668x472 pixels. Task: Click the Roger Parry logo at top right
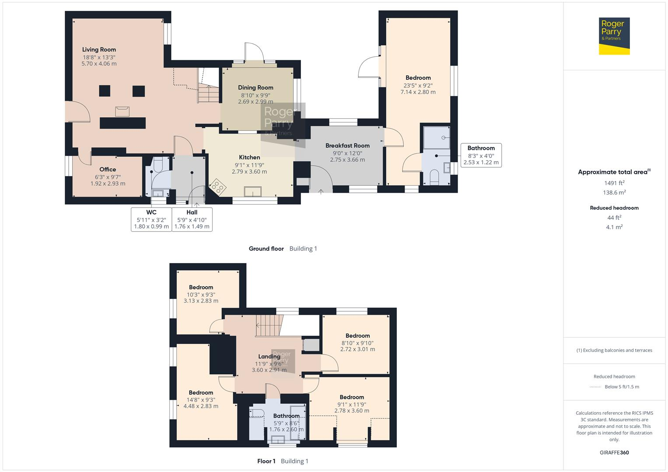click(x=614, y=36)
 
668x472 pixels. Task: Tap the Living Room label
click(x=99, y=49)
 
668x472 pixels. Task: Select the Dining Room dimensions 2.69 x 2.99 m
click(x=255, y=102)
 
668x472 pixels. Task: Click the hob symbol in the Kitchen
click(x=217, y=187)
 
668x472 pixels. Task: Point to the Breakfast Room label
click(x=347, y=146)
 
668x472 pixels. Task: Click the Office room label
click(x=108, y=169)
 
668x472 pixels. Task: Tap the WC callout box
click(x=151, y=219)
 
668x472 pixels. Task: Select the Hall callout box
click(x=192, y=219)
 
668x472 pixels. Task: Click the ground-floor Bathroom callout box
click(x=481, y=155)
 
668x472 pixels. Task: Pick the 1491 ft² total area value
click(x=614, y=183)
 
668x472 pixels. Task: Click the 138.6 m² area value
click(x=614, y=192)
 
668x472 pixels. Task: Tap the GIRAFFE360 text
click(x=614, y=452)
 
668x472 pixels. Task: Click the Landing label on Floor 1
click(x=269, y=356)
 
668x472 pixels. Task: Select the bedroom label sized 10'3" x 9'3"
click(x=201, y=287)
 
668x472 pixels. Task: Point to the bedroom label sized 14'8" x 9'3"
click(x=201, y=392)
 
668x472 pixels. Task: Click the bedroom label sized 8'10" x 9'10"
click(x=357, y=336)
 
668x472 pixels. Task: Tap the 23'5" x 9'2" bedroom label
click(x=418, y=78)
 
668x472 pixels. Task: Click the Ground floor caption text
click(x=266, y=249)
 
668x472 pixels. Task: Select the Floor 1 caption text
click(x=266, y=461)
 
